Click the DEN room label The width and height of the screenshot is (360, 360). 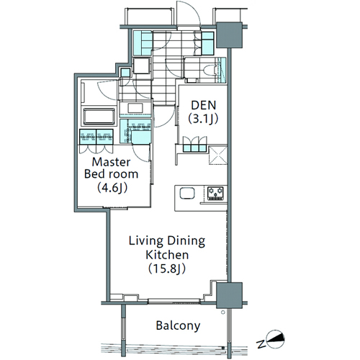pos(204,105)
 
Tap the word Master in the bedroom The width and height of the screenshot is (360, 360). pos(111,162)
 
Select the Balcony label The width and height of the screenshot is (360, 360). pos(178,325)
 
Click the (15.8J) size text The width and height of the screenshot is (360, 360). pos(167,269)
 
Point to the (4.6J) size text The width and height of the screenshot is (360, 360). pos(112,188)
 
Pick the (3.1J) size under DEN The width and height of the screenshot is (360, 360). pos(203,119)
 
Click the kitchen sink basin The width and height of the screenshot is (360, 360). pos(187,193)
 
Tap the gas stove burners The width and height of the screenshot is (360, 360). pos(215,194)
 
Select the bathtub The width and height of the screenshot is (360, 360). pos(99,116)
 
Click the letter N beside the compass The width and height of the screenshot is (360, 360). pos(260,344)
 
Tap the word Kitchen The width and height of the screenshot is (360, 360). pos(167,255)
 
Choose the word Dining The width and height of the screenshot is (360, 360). pos(186,241)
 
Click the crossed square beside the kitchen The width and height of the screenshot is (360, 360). pos(218,156)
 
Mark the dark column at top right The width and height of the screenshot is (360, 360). pos(229,35)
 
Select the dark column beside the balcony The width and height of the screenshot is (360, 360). pos(229,295)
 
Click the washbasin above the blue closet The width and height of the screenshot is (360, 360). pos(135,108)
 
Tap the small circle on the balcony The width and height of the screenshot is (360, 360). pos(223,312)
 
